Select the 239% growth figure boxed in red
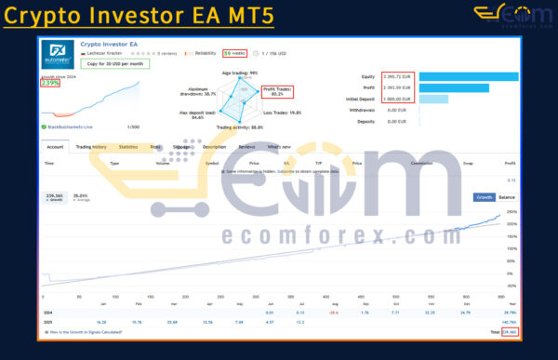tap(50, 84)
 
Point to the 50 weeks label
tap(233, 53)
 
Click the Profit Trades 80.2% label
tap(277, 91)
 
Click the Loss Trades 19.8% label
tap(283, 113)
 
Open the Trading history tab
tap(91, 146)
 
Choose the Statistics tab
tap(127, 146)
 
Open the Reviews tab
tap(246, 146)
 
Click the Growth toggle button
tap(485, 198)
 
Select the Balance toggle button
tap(508, 198)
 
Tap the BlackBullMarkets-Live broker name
tap(71, 126)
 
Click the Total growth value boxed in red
tap(509, 331)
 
